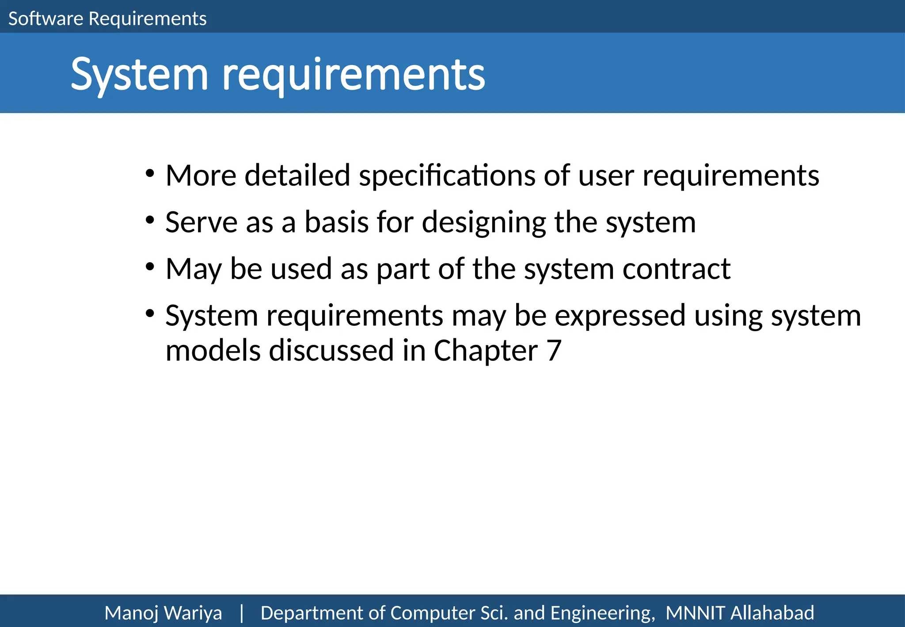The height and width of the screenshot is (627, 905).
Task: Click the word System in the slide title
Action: coord(139,75)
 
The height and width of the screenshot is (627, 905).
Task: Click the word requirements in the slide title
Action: coord(353,75)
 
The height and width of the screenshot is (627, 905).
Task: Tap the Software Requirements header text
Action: coord(107,19)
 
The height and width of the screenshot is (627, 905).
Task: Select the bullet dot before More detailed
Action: coord(150,173)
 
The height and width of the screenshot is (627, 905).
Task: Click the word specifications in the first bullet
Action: coord(447,176)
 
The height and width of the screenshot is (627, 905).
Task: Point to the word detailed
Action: coord(297,175)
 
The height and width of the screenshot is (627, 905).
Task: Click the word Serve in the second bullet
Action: coord(201,222)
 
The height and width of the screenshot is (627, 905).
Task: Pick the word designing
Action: coord(484,223)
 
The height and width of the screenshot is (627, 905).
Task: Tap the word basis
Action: coord(336,222)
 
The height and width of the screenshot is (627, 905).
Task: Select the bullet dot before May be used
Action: coord(150,267)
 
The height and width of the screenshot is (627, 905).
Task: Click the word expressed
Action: coord(620,317)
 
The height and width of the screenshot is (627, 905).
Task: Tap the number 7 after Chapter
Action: coord(554,351)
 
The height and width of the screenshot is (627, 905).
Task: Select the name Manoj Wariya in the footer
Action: coord(163,613)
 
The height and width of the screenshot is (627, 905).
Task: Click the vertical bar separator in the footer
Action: coord(241,613)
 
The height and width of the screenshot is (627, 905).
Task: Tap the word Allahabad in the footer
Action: coord(772,613)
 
